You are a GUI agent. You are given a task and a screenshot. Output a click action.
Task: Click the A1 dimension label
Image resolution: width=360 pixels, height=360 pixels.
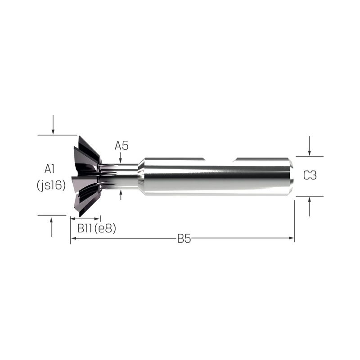(49, 169)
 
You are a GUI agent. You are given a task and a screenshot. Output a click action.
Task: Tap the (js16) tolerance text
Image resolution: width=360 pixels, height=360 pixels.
(51, 185)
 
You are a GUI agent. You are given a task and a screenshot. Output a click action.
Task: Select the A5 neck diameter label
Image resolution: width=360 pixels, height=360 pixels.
(121, 146)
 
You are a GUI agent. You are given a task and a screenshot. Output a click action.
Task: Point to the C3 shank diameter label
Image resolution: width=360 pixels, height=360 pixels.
(310, 175)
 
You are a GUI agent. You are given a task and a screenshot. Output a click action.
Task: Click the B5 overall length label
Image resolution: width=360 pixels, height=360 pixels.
(184, 239)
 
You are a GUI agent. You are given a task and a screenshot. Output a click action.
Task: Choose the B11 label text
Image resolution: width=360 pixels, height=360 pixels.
(85, 228)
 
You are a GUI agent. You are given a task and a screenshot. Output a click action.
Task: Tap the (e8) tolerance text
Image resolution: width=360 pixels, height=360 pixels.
(105, 229)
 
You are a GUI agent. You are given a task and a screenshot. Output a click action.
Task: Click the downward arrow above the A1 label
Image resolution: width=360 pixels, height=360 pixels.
(53, 125)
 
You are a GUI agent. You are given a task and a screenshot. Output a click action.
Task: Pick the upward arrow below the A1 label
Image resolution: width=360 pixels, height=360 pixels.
(51, 227)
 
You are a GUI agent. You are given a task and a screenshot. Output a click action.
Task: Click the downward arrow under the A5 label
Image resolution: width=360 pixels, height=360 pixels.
(121, 158)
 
